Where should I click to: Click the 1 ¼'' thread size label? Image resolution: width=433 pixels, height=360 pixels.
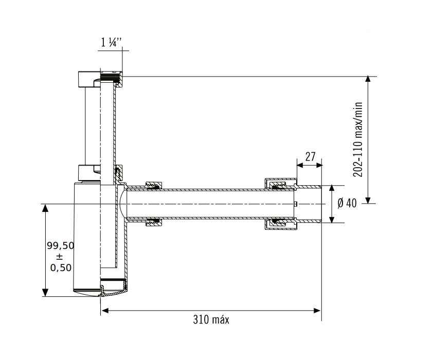tap(112, 43)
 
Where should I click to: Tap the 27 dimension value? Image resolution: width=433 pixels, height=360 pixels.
tap(310, 156)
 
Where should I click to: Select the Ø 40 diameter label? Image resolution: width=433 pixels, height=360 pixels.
tap(347, 204)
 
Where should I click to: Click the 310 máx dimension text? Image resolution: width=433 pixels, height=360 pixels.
tap(211, 320)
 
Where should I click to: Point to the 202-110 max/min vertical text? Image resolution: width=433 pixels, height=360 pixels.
tap(358, 139)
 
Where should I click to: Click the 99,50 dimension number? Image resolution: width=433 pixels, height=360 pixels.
tap(61, 245)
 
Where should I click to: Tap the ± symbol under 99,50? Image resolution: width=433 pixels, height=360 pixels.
tap(59, 257)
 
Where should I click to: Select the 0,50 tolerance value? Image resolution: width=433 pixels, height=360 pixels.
tap(61, 267)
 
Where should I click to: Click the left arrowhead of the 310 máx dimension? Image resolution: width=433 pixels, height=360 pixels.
tap(104, 311)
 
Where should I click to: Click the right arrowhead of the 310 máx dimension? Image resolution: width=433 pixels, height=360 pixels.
tap(317, 311)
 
